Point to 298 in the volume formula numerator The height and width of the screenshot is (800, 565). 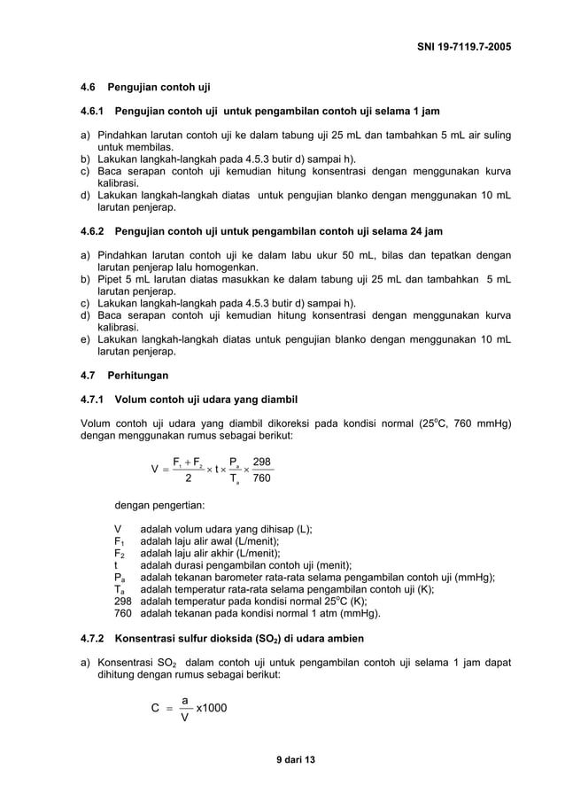[x=262, y=462]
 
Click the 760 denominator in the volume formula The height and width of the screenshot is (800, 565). [x=262, y=479]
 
